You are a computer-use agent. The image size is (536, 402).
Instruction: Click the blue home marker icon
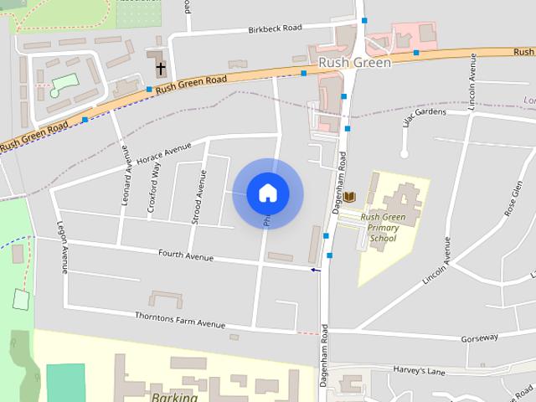click(268, 193)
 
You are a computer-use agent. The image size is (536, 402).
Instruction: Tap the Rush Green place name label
click(354, 63)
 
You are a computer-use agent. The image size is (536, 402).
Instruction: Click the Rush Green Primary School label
click(382, 227)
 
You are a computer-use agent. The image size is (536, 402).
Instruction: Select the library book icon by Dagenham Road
click(349, 196)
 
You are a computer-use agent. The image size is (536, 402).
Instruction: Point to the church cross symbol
click(160, 67)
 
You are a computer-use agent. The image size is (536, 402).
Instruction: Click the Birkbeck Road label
click(275, 28)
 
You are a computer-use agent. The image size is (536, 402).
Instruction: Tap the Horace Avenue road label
click(164, 156)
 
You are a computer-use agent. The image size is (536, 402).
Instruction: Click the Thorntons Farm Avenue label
click(180, 319)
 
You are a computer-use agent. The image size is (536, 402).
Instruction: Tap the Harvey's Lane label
click(421, 370)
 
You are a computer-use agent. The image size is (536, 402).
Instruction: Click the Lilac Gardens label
click(425, 116)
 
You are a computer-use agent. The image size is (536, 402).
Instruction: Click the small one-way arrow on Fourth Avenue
click(315, 270)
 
